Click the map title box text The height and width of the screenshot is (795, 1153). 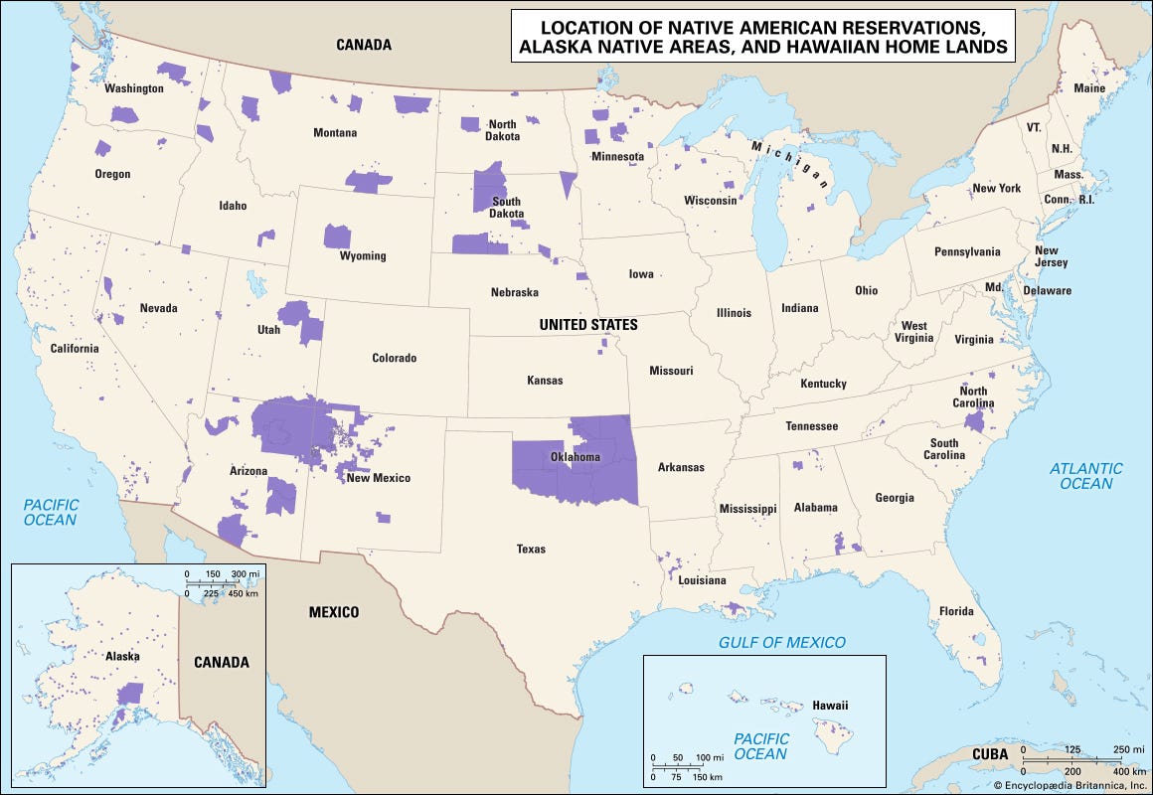762,36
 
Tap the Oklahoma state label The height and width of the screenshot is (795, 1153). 576,457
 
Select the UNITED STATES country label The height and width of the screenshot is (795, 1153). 588,325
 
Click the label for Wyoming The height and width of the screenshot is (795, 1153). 363,256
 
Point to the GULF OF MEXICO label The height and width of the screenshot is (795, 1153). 782,642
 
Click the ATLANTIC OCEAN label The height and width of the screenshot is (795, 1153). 1086,476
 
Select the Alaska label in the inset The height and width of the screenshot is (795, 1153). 123,656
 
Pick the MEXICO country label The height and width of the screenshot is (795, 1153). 333,612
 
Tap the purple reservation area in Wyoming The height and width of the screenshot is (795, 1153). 337,237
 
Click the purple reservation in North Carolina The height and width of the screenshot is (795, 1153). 974,422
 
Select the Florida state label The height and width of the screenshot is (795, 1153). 956,611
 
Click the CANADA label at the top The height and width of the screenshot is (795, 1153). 363,45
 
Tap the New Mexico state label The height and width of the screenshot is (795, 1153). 378,478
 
